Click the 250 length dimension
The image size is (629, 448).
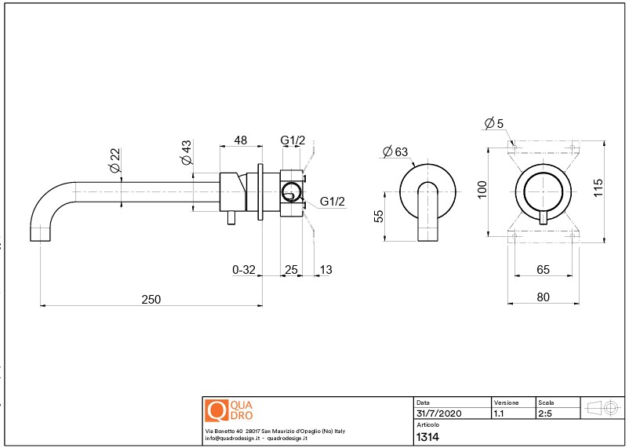click(x=151, y=300)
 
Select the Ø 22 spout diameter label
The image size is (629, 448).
click(x=115, y=161)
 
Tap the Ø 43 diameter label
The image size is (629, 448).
click(x=187, y=152)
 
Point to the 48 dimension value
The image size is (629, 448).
click(x=240, y=140)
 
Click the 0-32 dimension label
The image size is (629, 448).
click(x=244, y=270)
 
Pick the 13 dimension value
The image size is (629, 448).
click(x=326, y=270)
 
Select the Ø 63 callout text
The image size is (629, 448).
click(x=395, y=151)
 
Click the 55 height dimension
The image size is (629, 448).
click(x=379, y=217)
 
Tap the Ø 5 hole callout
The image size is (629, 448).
click(x=494, y=123)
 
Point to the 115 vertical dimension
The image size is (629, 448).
click(x=598, y=188)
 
